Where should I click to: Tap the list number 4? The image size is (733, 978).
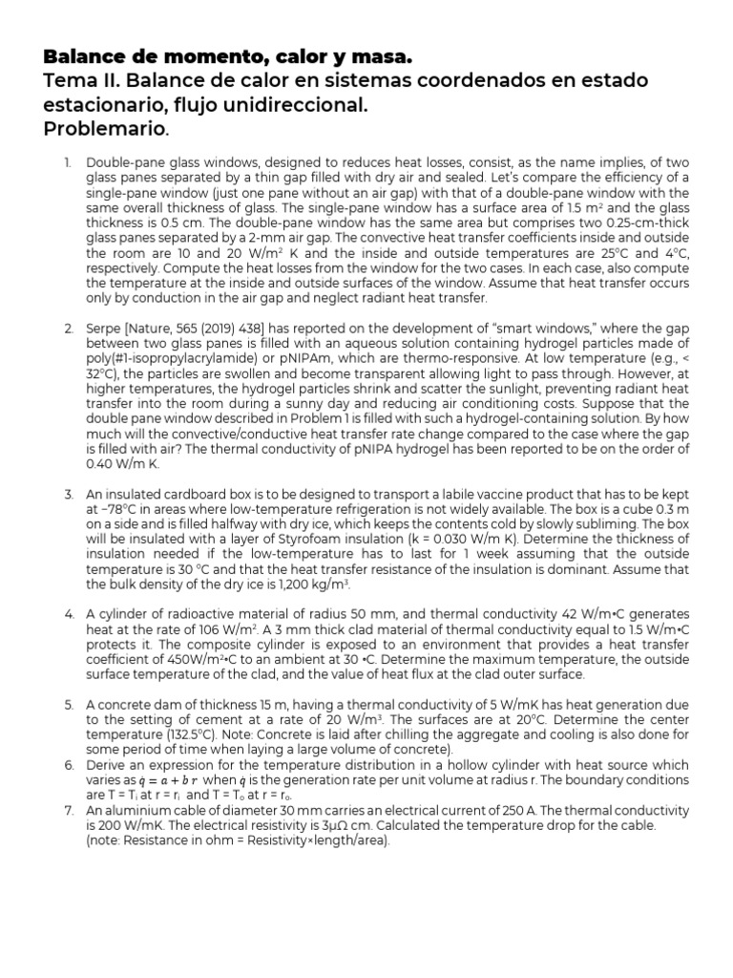[70, 611]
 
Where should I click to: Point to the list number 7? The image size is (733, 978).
[70, 809]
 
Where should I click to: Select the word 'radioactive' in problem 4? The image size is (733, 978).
[178, 611]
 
